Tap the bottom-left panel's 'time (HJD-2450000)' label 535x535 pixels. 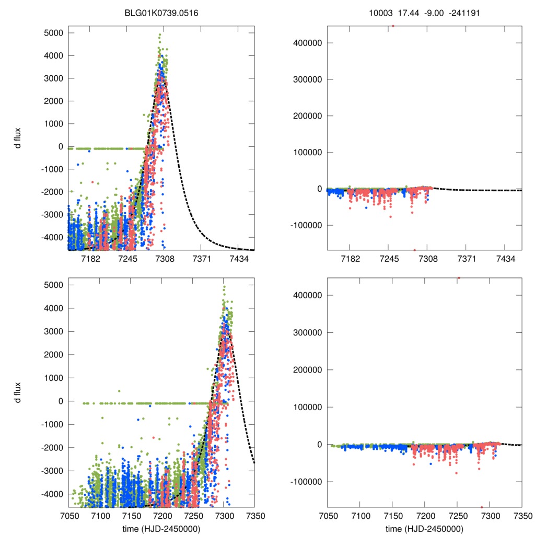[x=161, y=529]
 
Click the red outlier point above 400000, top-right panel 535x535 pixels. [x=393, y=26]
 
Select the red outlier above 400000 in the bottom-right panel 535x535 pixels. [x=459, y=278]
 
